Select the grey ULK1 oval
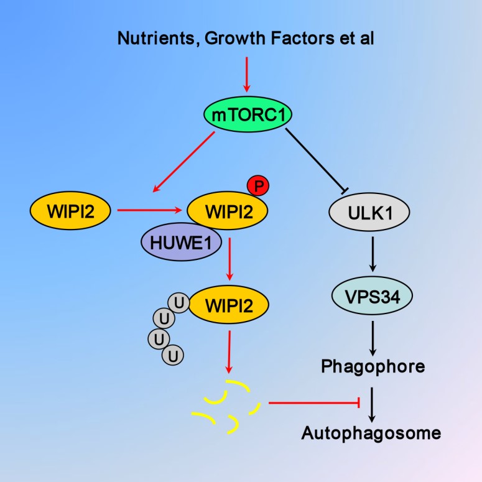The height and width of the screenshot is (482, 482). [369, 212]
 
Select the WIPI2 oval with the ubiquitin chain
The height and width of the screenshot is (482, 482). [229, 305]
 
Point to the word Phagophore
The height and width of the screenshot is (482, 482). [373, 366]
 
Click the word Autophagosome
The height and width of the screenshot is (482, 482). [371, 432]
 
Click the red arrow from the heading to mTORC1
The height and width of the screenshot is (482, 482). [248, 73]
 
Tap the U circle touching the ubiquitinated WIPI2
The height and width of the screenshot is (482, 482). [179, 304]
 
